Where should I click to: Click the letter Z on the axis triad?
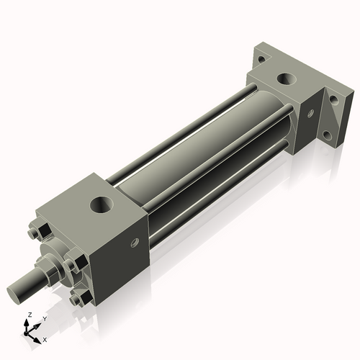pyautogui.click(x=29, y=315)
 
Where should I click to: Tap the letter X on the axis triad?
pyautogui.click(x=45, y=338)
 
